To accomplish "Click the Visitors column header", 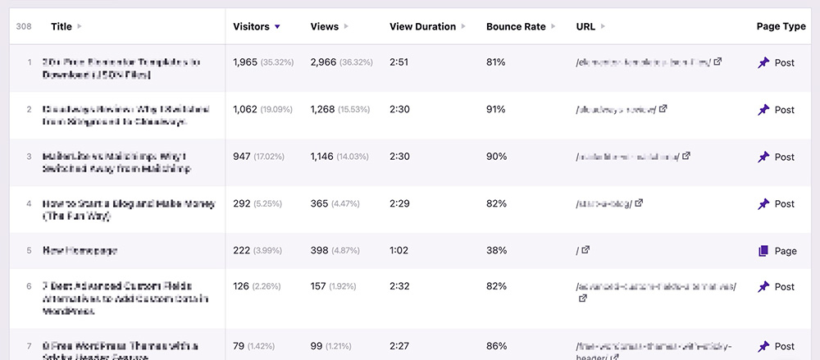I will [x=251, y=26].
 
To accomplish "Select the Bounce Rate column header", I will [x=516, y=26].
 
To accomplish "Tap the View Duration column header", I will [x=422, y=26].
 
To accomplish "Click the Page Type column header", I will [x=781, y=26].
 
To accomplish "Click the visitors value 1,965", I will [x=245, y=62].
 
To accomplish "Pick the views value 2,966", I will [x=324, y=62].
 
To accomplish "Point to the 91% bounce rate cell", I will [x=495, y=110].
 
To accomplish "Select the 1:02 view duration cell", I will [x=400, y=251].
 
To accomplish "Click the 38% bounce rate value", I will [x=495, y=251].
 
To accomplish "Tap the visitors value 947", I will [x=242, y=157].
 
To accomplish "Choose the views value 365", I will [x=319, y=203].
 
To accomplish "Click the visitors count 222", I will [x=242, y=251].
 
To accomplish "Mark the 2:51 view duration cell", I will [x=400, y=62].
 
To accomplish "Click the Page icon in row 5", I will [x=763, y=251].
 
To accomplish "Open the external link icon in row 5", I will [x=585, y=250].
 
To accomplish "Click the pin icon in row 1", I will [x=763, y=62].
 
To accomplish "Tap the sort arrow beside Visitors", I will [x=278, y=27].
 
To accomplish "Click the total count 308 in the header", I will [x=24, y=26].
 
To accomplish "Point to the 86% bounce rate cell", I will [x=495, y=346].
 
